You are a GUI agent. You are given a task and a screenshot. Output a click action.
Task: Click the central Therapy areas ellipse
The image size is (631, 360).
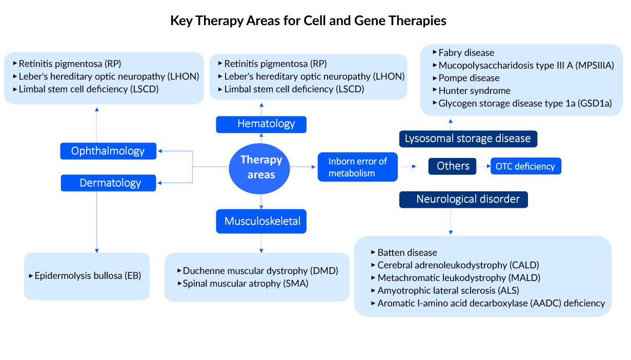(x=261, y=167)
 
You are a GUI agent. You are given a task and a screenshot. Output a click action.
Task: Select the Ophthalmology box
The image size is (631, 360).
(x=108, y=151)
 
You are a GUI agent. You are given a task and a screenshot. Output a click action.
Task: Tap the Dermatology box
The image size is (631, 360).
(x=108, y=183)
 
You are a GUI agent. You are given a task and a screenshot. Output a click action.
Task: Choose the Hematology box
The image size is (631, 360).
(x=261, y=124)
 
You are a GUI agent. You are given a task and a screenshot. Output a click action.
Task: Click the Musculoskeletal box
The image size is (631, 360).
(x=262, y=222)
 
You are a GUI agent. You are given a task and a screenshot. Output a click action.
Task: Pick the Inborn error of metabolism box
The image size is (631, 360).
(x=357, y=167)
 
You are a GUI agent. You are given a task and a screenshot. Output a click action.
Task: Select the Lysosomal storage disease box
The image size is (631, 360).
(x=468, y=139)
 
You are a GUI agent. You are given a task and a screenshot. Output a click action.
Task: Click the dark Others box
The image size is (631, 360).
(x=453, y=166)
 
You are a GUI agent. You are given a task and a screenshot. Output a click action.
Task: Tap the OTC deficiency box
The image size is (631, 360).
(x=525, y=167)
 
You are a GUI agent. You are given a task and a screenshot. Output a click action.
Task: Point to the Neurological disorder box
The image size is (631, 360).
(x=463, y=199)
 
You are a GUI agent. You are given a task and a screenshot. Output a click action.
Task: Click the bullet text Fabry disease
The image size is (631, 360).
(x=466, y=53)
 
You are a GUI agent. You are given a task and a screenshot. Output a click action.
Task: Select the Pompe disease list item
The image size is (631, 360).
(x=469, y=78)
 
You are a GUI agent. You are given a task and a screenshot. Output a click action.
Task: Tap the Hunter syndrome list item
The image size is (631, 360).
(x=474, y=91)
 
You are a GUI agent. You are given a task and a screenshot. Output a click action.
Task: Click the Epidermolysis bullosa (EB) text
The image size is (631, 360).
(x=88, y=276)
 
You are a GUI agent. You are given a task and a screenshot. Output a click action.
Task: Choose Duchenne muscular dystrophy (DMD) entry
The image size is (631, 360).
(x=260, y=271)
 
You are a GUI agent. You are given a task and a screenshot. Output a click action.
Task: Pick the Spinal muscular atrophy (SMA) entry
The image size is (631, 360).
(x=245, y=283)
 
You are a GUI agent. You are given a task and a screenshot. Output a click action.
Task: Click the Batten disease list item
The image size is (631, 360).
(x=407, y=252)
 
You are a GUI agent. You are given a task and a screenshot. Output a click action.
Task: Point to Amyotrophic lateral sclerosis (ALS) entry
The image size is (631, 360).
(x=448, y=290)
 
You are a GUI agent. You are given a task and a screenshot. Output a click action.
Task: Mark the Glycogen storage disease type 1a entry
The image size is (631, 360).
(x=525, y=103)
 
